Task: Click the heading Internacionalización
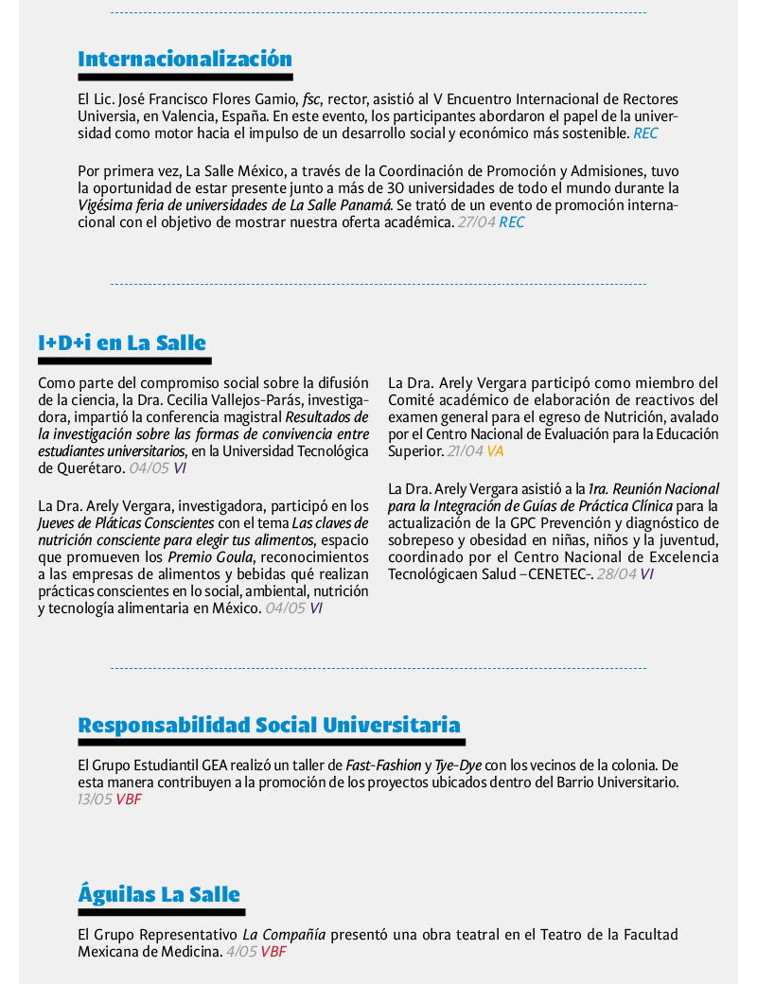(x=185, y=59)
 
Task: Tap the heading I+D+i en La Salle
(x=122, y=343)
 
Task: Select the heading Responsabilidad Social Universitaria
(x=269, y=726)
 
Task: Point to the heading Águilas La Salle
(x=159, y=894)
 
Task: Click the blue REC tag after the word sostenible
(x=645, y=133)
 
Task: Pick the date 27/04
(x=476, y=222)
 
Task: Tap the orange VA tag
(x=495, y=451)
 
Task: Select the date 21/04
(x=464, y=451)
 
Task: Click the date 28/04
(x=616, y=573)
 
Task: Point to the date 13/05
(x=95, y=799)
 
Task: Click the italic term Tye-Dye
(x=458, y=764)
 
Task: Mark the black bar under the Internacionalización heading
(x=185, y=77)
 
